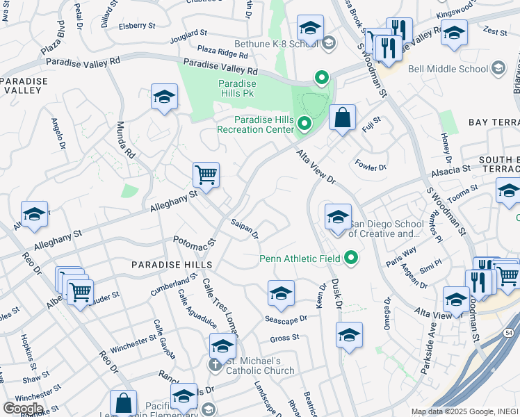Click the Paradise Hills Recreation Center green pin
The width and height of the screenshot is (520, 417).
[x=304, y=124]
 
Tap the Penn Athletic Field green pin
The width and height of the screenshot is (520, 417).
[x=350, y=259]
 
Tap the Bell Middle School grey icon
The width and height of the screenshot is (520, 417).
[x=498, y=68]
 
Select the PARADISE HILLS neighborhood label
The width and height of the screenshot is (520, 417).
[x=165, y=265]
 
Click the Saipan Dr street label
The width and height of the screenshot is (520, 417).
[x=245, y=229]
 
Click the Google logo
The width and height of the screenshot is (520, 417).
[x=22, y=409]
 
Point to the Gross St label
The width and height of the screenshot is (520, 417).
[x=284, y=338]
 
